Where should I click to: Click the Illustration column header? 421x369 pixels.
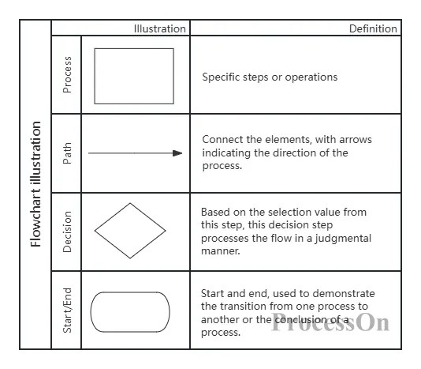160,28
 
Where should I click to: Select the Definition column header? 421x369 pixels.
373,28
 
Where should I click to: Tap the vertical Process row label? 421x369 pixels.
67,74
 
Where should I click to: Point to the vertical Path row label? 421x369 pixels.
67,153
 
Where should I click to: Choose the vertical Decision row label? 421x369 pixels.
67,232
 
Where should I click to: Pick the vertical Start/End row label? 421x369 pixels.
67,311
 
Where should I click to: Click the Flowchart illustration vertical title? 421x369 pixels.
35,184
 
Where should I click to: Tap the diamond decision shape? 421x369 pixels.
112,217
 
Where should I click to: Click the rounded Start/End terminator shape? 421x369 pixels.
130,292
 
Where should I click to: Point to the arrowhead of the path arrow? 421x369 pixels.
177,153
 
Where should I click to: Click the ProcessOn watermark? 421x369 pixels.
330,322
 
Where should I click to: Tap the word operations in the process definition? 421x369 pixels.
311,77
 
